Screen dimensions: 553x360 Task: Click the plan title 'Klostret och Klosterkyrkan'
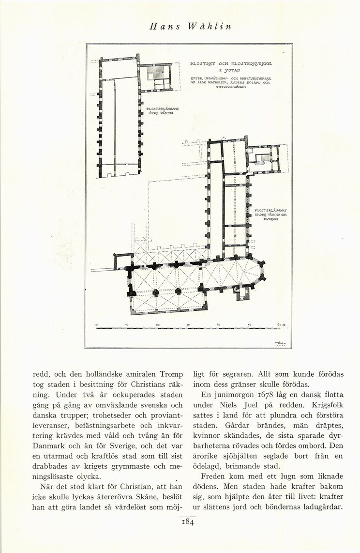(231, 63)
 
